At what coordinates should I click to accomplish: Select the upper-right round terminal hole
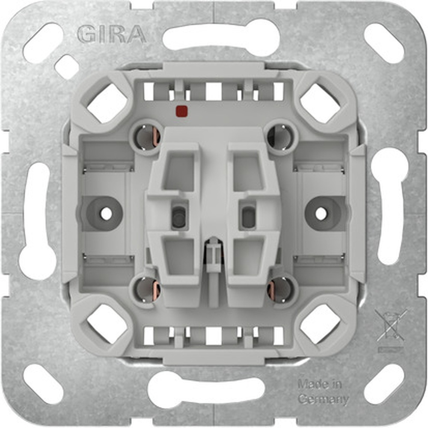click(280, 136)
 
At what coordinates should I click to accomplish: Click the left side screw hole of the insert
click(106, 213)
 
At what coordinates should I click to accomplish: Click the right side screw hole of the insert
click(321, 213)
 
